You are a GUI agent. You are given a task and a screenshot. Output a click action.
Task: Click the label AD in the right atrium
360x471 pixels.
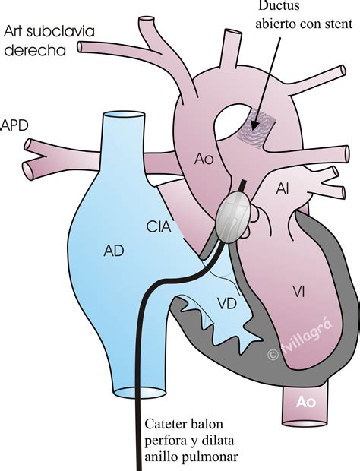click(114, 250)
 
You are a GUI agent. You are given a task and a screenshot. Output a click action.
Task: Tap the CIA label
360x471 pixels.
click(159, 226)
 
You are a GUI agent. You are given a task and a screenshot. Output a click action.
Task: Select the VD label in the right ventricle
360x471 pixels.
click(227, 304)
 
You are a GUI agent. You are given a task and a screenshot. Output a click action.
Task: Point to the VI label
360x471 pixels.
click(298, 291)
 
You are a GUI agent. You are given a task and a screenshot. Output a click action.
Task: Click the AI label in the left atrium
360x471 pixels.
click(283, 189)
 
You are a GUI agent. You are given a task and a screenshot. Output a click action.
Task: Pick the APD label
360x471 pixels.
click(14, 125)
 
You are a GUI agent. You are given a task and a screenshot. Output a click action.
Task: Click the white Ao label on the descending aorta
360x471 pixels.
click(305, 402)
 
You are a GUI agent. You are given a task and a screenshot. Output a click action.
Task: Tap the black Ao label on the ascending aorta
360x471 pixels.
click(204, 159)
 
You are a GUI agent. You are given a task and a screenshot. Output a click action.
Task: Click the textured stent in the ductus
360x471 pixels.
click(255, 128)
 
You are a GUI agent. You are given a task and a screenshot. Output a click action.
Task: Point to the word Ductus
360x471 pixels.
click(279, 5)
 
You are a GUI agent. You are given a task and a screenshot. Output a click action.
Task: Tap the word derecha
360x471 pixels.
click(35, 50)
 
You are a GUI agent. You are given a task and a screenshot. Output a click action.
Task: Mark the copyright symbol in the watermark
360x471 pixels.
click(273, 355)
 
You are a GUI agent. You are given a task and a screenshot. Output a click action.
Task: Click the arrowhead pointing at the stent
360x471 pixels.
click(254, 125)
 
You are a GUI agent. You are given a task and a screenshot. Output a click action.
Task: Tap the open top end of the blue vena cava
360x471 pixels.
click(124, 115)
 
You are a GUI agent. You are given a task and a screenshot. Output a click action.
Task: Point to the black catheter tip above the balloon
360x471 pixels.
click(242, 185)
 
